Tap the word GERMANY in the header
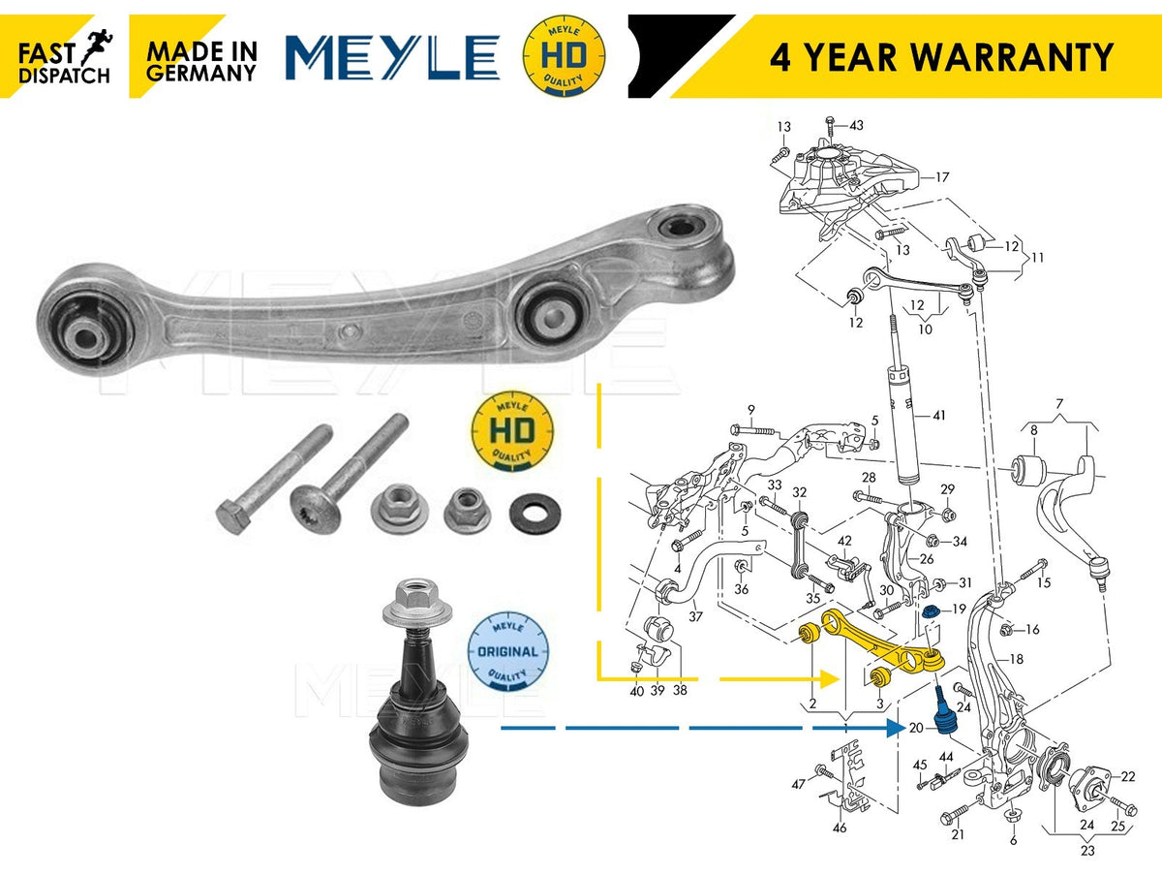click(x=201, y=73)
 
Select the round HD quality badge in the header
click(x=564, y=55)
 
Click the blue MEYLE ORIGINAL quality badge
click(x=507, y=651)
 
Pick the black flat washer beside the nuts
click(x=535, y=513)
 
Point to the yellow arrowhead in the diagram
click(x=830, y=679)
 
